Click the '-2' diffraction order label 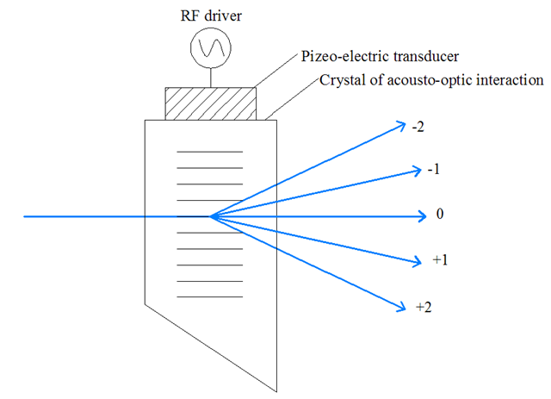(418, 126)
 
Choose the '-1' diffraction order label (434, 168)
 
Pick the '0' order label (440, 214)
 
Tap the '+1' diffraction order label (440, 259)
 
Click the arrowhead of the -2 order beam (401, 125)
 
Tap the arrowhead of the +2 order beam (401, 304)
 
